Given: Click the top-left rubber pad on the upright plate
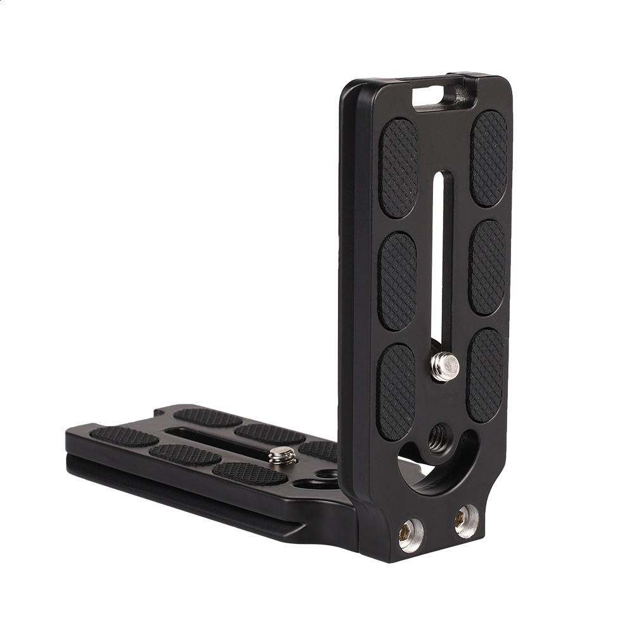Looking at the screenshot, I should click(398, 167).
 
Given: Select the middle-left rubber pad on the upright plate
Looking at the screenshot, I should click(398, 281).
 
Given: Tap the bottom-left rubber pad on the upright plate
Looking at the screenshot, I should click(396, 391).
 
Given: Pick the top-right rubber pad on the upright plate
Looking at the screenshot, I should click(489, 158).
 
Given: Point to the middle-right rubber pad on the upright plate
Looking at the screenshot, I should click(488, 267).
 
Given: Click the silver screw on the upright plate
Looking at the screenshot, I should click(445, 366).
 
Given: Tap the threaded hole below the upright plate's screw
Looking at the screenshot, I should click(437, 436).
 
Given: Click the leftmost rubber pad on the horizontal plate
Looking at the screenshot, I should click(124, 436).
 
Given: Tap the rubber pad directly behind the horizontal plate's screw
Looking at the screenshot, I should click(269, 434).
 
